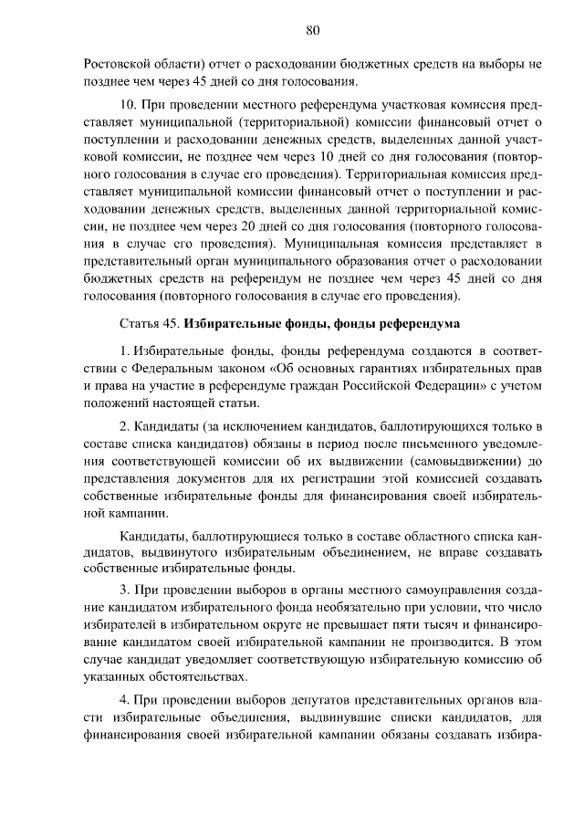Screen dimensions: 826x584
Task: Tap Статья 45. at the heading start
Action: tap(150, 324)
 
